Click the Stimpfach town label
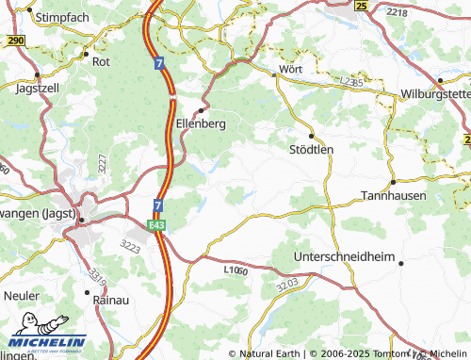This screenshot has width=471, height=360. [x=65, y=17]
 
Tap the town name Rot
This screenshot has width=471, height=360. [x=101, y=61]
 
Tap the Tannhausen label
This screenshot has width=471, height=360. [x=394, y=195]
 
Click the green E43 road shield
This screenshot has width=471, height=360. [x=156, y=225]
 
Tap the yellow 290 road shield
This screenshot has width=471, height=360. [x=14, y=41]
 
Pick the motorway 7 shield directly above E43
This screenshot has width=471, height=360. [x=158, y=205]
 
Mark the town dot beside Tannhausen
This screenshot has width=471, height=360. [x=392, y=182]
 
